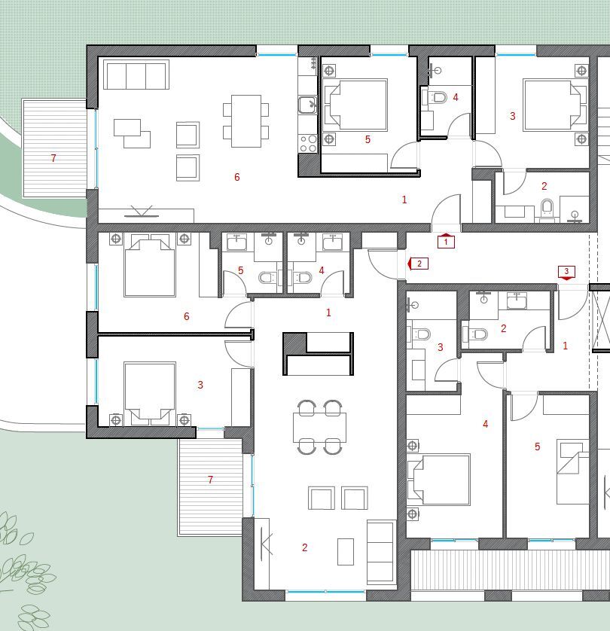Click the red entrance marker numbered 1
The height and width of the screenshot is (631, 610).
coord(446,242)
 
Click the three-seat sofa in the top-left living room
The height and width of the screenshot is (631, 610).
coord(136,75)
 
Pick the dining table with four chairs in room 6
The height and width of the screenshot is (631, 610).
coord(246,120)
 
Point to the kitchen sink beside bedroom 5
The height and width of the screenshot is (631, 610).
coord(307,105)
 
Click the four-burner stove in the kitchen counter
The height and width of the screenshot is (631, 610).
coord(308,143)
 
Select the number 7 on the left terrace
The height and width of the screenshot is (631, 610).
coord(53,158)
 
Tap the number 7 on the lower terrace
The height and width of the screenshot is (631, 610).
coord(210,480)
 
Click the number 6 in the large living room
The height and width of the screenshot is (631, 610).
coord(236,177)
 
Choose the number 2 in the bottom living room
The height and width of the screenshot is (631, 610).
coord(304,547)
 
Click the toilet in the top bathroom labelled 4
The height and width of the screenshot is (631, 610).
coord(438,98)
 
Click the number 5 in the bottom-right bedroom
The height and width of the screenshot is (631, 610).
coord(537,447)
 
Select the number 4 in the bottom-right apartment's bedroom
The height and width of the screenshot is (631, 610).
coord(485,424)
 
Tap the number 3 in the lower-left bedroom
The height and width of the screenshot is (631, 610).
coord(200,385)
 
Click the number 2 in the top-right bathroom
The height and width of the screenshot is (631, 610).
coord(544,186)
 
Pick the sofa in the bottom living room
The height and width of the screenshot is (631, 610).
coord(380,552)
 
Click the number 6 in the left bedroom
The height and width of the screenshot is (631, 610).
coord(187,316)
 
